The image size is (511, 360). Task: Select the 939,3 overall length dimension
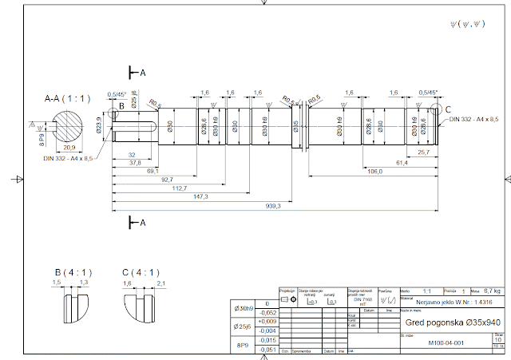point(275,206)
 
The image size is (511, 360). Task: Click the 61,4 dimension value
point(402,163)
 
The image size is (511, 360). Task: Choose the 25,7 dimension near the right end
point(424,152)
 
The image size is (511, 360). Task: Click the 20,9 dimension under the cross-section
point(69,148)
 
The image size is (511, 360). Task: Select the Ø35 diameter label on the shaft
point(295,125)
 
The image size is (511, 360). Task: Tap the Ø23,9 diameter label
point(101,124)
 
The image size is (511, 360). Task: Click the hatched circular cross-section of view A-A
point(67,125)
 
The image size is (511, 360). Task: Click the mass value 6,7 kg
point(493,292)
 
